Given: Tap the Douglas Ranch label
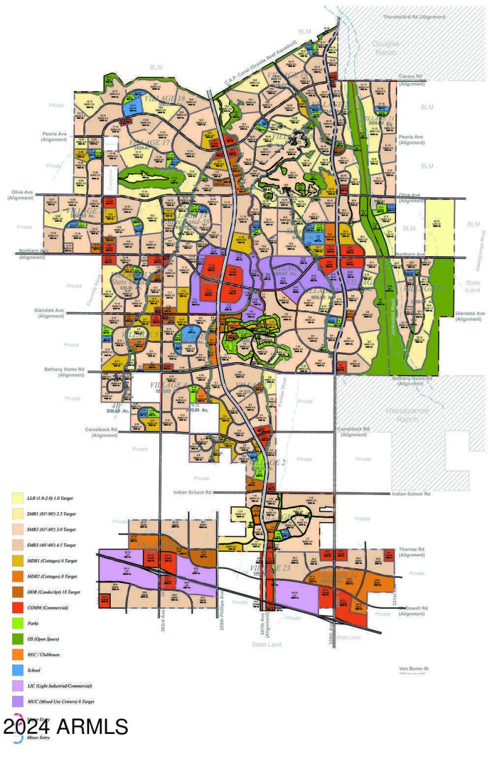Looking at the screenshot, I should [386, 48].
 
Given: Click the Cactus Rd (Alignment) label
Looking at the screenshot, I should [412, 79].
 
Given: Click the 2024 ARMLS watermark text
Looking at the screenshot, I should [66, 727].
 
